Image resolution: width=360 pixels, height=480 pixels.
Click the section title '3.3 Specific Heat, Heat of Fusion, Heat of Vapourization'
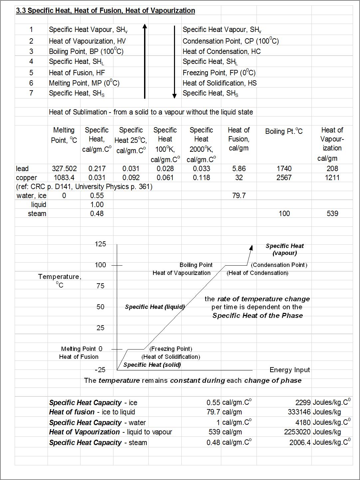click(105, 11)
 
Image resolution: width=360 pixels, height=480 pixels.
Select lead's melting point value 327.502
click(64, 169)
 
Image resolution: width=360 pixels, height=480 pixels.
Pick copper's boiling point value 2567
click(284, 178)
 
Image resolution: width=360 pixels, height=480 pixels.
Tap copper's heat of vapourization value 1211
click(332, 178)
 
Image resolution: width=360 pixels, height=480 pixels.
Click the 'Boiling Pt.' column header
click(284, 131)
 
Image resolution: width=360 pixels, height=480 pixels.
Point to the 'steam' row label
click(37, 214)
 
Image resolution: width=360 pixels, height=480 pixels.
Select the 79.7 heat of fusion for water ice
click(239, 196)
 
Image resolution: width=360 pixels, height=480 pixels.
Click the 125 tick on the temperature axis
click(100, 244)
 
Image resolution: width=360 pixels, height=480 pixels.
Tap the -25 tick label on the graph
click(100, 370)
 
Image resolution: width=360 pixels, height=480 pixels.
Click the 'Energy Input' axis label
click(289, 370)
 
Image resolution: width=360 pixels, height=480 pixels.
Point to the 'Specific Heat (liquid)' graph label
click(155, 307)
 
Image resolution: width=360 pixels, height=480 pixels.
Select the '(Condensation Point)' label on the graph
click(279, 265)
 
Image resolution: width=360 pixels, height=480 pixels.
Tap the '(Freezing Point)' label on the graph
click(171, 349)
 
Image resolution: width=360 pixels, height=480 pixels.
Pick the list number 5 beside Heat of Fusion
click(31, 73)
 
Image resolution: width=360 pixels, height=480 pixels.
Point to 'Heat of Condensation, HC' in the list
click(222, 52)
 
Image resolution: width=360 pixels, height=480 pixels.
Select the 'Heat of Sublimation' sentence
click(151, 112)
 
